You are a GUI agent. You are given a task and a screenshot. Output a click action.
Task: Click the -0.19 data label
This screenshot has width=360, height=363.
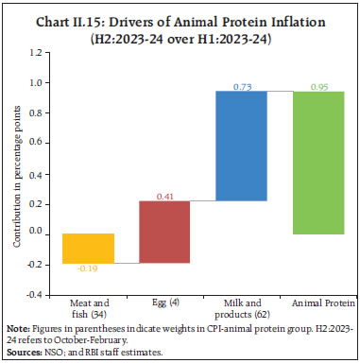point(87,270)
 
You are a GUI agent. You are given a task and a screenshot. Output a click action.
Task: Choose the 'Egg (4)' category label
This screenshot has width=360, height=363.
point(163,302)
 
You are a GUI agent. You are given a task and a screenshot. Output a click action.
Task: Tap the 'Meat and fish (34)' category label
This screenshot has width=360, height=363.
point(86,308)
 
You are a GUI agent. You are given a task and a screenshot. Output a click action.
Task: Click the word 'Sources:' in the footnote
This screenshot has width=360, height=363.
point(23,350)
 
